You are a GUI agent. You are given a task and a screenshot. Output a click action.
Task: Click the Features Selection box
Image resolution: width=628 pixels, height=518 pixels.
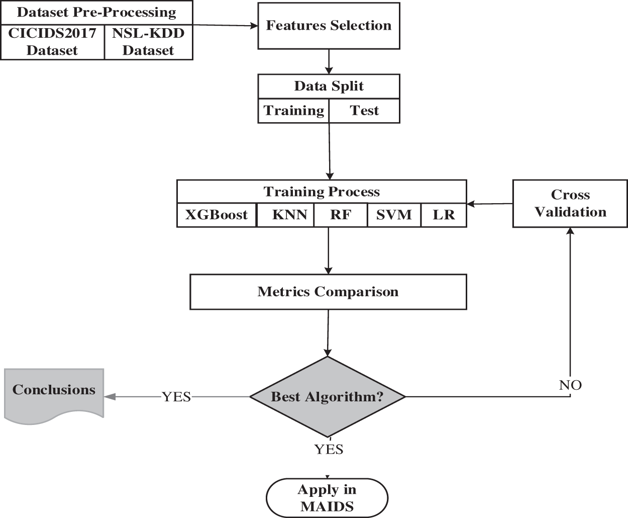329,26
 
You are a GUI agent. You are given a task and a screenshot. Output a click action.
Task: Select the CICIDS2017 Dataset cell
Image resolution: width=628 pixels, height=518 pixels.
52,42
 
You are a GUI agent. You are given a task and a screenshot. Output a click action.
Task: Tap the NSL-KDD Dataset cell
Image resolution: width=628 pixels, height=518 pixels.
148,42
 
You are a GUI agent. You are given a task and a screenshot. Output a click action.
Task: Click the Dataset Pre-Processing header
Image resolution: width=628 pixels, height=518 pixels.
96,13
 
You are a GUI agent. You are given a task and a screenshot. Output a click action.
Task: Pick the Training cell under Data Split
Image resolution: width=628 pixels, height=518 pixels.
294,111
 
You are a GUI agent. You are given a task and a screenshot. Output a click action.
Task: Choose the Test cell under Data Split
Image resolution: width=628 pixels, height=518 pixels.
364,111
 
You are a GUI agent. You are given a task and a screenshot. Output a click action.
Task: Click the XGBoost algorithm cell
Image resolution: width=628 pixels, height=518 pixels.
217,215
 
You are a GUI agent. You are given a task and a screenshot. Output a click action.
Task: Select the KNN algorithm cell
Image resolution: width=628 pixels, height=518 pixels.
289,215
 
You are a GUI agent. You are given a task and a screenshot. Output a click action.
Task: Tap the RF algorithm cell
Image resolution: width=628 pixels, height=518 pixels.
341,215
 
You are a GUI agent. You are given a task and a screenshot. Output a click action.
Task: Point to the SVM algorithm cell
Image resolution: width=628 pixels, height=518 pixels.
394,215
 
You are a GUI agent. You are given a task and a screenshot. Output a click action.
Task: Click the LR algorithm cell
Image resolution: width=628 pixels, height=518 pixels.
444,215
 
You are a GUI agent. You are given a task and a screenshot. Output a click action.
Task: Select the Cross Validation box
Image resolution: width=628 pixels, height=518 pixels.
570,204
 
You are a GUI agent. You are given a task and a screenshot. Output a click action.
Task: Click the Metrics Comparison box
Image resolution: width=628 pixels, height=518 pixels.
328,292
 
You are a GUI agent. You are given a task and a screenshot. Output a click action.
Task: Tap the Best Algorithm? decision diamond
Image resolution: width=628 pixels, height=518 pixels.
328,397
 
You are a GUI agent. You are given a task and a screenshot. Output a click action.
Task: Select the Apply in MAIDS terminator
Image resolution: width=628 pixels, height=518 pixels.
327,498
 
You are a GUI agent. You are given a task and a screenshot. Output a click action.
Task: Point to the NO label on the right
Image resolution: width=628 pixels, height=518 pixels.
570,385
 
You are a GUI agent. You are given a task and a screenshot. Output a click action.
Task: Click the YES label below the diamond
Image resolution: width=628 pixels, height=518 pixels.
329,449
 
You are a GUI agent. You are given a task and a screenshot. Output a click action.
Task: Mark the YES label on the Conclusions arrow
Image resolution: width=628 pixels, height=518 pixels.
176,397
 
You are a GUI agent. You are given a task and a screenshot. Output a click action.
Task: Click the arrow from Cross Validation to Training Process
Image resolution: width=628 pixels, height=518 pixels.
490,204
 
